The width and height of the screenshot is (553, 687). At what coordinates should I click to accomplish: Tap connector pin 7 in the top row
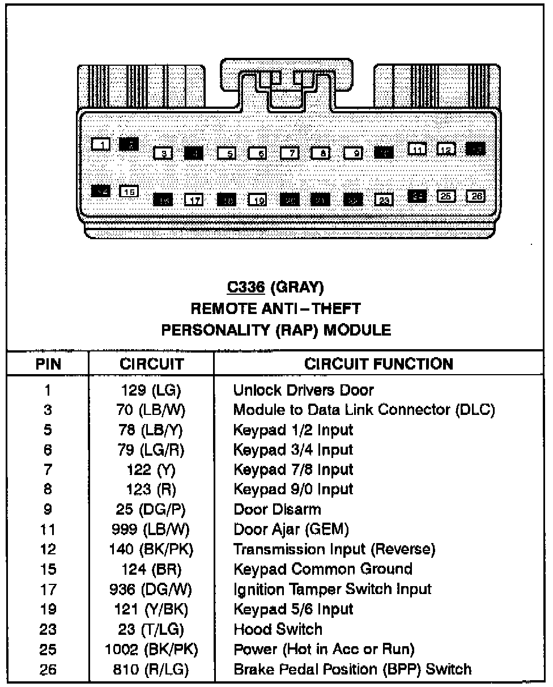pos(290,153)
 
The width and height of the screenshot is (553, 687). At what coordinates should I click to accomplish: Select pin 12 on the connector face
pos(446,149)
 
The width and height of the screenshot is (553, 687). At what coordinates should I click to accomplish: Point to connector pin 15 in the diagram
pos(129,192)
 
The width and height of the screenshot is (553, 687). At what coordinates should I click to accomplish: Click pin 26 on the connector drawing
pos(476,196)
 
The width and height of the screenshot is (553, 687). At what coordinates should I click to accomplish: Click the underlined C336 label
pos(246,288)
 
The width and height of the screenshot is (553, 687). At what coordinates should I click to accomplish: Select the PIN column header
pos(48,364)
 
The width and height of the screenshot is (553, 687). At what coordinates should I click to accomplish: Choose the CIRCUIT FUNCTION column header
pos(378,364)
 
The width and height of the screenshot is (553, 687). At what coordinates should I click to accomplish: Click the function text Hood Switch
pos(278,629)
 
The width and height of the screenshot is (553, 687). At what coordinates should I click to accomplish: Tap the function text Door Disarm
pos(277,509)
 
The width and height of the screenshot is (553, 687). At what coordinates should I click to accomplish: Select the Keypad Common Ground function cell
pos(323,569)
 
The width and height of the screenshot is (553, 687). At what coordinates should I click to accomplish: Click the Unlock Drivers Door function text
pos(304,390)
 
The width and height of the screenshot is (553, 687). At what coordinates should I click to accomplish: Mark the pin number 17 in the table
pos(48,589)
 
